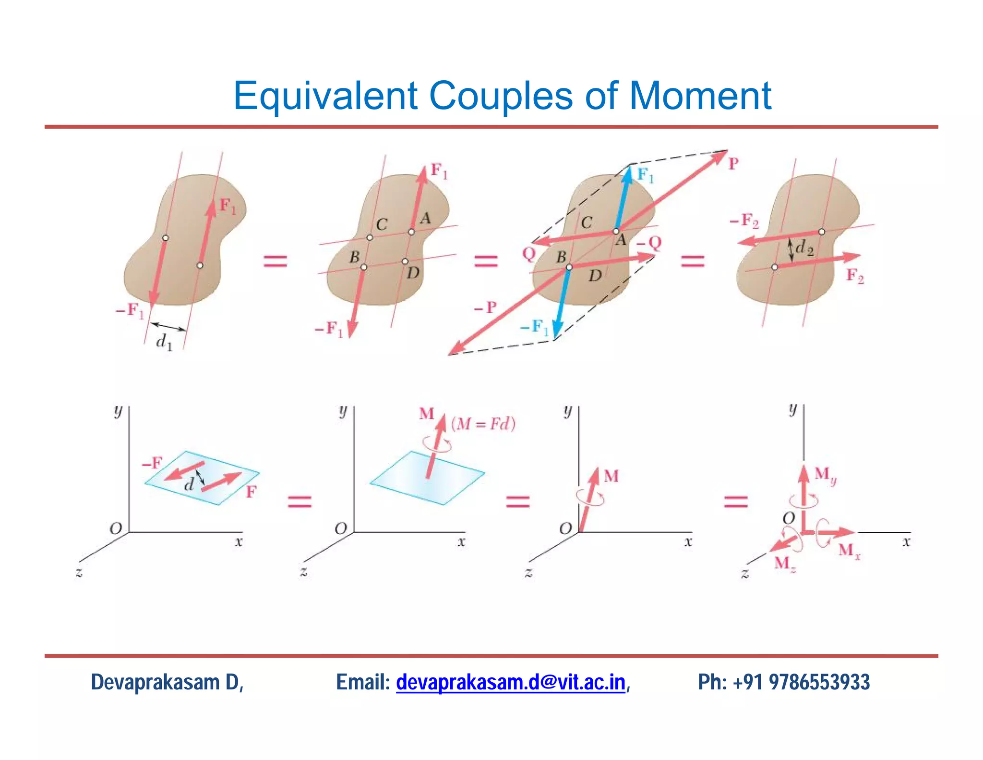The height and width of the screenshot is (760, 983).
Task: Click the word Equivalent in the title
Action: coord(325,96)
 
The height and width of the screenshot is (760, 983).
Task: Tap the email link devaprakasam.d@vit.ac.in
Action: coord(510,682)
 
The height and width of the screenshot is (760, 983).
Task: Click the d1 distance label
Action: coord(164,342)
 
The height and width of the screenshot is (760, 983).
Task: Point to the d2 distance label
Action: coord(804,248)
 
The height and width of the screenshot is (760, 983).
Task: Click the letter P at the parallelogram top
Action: coord(733,164)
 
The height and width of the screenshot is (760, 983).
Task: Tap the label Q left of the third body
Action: coord(528,253)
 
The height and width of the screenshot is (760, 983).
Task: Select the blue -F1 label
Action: coord(534,328)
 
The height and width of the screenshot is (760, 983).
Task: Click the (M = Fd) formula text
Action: coord(483,424)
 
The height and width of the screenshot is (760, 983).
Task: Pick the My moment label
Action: coord(825,475)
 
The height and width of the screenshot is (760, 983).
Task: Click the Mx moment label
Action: coord(849,551)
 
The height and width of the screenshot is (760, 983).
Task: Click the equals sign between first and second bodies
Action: coord(275,261)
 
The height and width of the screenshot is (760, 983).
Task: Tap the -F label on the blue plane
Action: coord(152,464)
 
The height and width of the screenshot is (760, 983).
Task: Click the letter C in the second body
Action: coord(382,224)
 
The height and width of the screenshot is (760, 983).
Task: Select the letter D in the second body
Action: coord(413,273)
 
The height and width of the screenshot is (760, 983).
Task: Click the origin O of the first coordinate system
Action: coord(116,528)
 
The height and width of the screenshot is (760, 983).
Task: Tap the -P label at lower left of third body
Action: coord(485,307)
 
